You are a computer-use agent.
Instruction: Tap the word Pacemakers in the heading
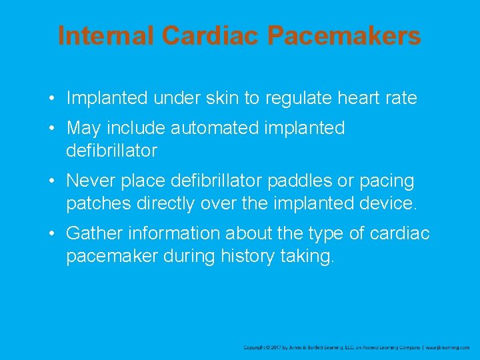tap(344, 35)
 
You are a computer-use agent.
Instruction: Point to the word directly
tap(168, 204)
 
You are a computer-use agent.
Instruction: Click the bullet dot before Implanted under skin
tap(51, 99)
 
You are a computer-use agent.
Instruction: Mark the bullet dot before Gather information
tap(51, 234)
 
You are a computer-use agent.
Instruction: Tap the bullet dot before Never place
tap(51, 181)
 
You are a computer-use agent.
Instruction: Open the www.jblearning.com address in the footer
tap(448, 347)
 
